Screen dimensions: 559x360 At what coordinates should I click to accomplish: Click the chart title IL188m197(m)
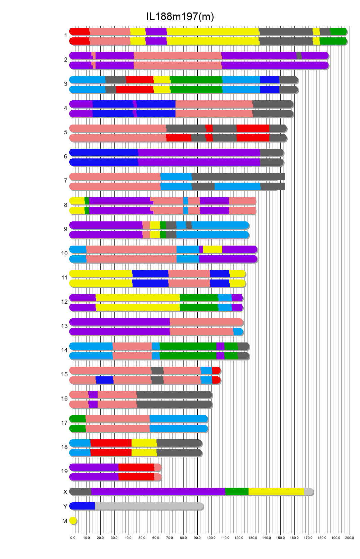coord(180,16)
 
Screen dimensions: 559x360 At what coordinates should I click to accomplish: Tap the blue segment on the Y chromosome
coord(82,506)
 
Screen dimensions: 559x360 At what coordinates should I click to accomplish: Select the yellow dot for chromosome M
coord(73,521)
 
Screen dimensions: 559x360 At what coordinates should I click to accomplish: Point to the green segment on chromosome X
coord(237,491)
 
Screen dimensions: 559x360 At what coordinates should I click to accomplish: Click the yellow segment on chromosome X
coord(276,491)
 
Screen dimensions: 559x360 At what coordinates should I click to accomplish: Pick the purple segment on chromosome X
coord(158,491)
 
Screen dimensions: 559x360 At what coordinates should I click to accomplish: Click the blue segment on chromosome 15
coord(104,380)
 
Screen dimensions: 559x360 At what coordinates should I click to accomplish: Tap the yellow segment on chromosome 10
coord(213,249)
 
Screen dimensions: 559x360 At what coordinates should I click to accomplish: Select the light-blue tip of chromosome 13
coord(238,331)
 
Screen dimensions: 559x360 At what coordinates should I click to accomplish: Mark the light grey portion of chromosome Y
coord(149,506)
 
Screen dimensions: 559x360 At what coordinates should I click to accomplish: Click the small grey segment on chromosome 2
coord(299,55)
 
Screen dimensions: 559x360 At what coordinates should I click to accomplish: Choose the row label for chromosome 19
coord(64,471)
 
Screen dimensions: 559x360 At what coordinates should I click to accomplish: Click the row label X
coord(65,492)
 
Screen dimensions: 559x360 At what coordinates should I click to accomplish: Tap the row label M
coord(65,521)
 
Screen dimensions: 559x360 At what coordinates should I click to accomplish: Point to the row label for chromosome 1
coord(65,35)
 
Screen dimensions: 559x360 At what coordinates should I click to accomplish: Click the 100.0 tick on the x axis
coord(211,538)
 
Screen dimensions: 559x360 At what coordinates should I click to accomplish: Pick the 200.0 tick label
coord(350,538)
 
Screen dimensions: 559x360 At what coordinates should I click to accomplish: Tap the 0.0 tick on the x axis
coord(73,538)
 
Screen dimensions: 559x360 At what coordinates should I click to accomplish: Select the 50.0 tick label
coord(142,538)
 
